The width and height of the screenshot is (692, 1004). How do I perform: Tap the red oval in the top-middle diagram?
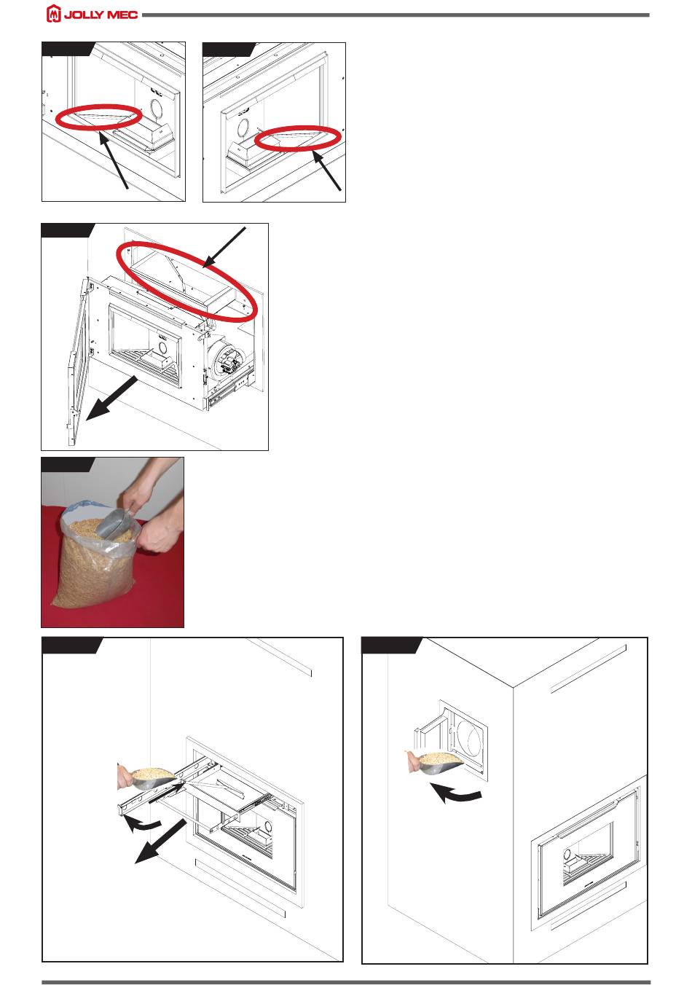pyautogui.click(x=298, y=136)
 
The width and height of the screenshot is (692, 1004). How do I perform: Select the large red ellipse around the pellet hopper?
pyautogui.click(x=187, y=281)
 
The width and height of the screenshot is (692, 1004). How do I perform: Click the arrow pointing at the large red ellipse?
pyautogui.click(x=224, y=248)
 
